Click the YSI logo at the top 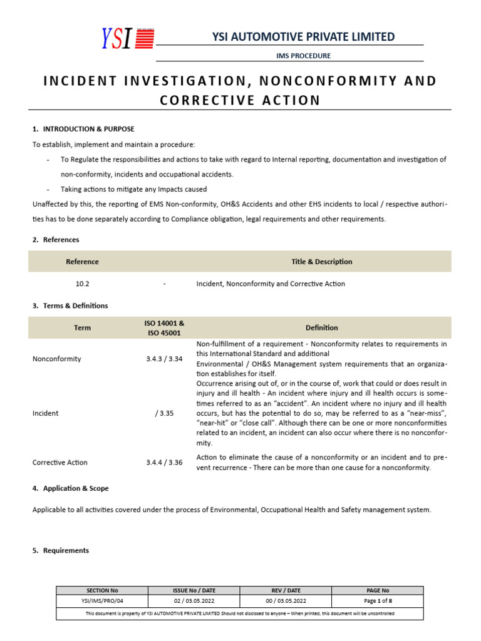click(x=128, y=39)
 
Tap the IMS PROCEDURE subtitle click(x=303, y=56)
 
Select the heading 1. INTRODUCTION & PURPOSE click(x=83, y=129)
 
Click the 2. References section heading click(x=56, y=240)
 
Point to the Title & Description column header click(x=322, y=262)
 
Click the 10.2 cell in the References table click(x=82, y=284)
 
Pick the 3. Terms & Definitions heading click(x=70, y=305)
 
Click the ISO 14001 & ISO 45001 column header click(x=164, y=327)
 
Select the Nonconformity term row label click(x=56, y=359)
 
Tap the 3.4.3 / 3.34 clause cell click(x=164, y=359)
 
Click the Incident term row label click(x=45, y=413)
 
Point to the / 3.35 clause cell click(x=164, y=413)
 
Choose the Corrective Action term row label click(x=59, y=463)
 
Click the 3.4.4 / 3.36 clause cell click(x=164, y=463)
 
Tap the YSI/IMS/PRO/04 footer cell click(x=101, y=601)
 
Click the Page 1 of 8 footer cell click(x=377, y=601)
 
